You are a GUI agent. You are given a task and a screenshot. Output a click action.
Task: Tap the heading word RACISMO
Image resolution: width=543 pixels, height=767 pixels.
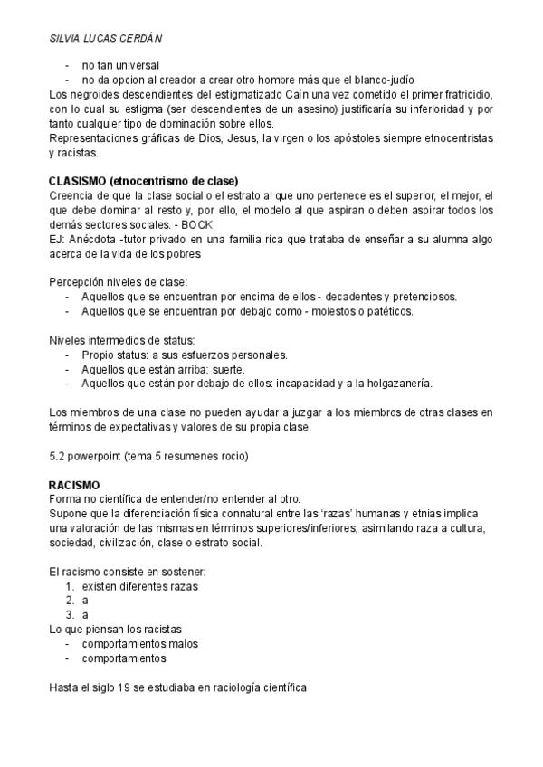73,486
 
